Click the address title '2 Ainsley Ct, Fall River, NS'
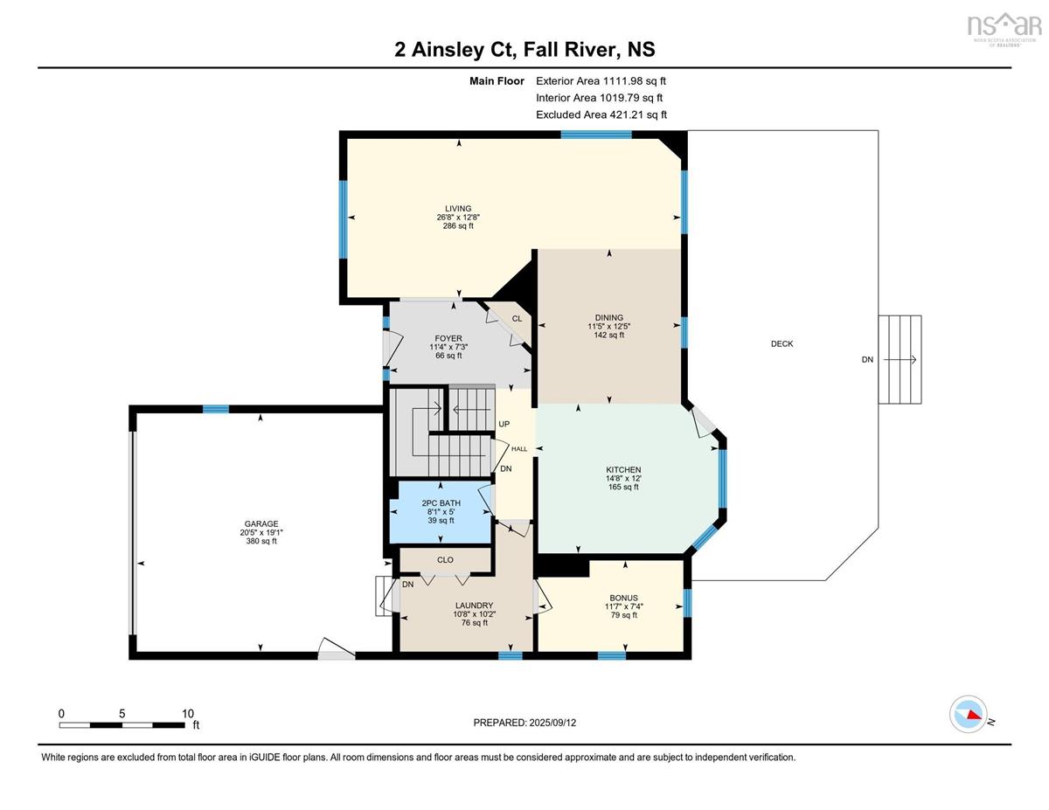click(x=524, y=50)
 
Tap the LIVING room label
click(x=458, y=209)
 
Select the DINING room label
click(x=608, y=317)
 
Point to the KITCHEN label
click(x=623, y=469)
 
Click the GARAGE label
click(x=261, y=523)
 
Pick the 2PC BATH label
click(x=441, y=502)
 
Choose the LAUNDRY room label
click(x=474, y=605)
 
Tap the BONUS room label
click(x=623, y=598)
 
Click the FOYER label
click(x=448, y=338)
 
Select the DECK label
click(x=782, y=343)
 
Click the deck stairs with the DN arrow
click(x=900, y=359)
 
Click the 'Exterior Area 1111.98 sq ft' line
click(x=601, y=81)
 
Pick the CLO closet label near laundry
click(x=445, y=559)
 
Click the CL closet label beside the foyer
click(x=517, y=318)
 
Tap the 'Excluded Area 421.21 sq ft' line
click(x=601, y=114)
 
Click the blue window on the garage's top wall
click(x=215, y=409)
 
